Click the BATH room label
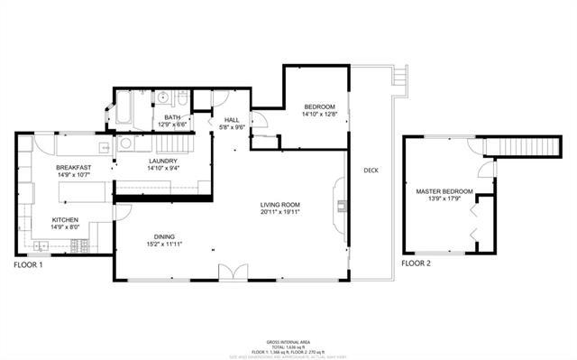pyautogui.click(x=170, y=118)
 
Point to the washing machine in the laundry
pyautogui.click(x=127, y=143)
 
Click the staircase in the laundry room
pyautogui.click(x=176, y=143)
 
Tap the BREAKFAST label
pyautogui.click(x=73, y=168)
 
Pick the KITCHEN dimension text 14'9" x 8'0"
pyautogui.click(x=71, y=227)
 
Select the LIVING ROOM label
pyautogui.click(x=279, y=205)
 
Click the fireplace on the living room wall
pyautogui.click(x=341, y=205)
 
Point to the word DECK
pyautogui.click(x=371, y=171)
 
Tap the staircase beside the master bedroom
pyautogui.click(x=513, y=146)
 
